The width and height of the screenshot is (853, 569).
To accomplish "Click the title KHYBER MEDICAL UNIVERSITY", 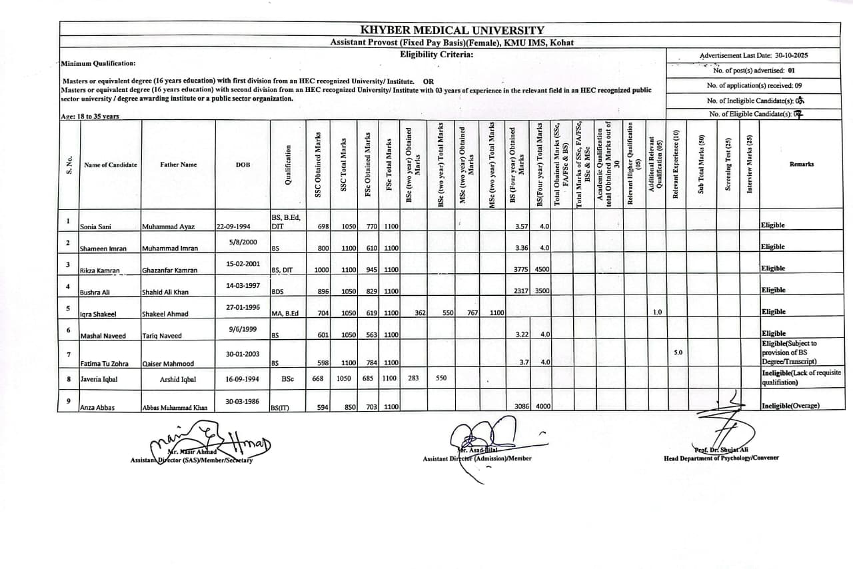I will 452,30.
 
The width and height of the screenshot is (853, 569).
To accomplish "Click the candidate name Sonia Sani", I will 96,227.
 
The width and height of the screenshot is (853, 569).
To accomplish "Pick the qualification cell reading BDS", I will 277,292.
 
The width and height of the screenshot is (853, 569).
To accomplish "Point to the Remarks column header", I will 801,164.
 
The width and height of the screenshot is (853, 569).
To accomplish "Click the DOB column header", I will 243,165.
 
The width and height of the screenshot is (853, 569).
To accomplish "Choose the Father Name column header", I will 178,165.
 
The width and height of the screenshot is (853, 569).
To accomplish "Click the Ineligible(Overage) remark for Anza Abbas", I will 790,406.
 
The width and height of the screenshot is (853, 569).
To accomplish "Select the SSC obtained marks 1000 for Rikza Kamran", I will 321,269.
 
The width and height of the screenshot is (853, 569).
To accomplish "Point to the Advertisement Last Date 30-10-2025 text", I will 754,56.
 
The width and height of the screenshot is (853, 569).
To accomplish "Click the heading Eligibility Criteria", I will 436,54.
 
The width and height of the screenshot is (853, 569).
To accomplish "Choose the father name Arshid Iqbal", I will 178,379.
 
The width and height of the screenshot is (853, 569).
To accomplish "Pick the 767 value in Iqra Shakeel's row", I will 472,312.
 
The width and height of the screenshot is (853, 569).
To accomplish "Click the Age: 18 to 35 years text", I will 90,117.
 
